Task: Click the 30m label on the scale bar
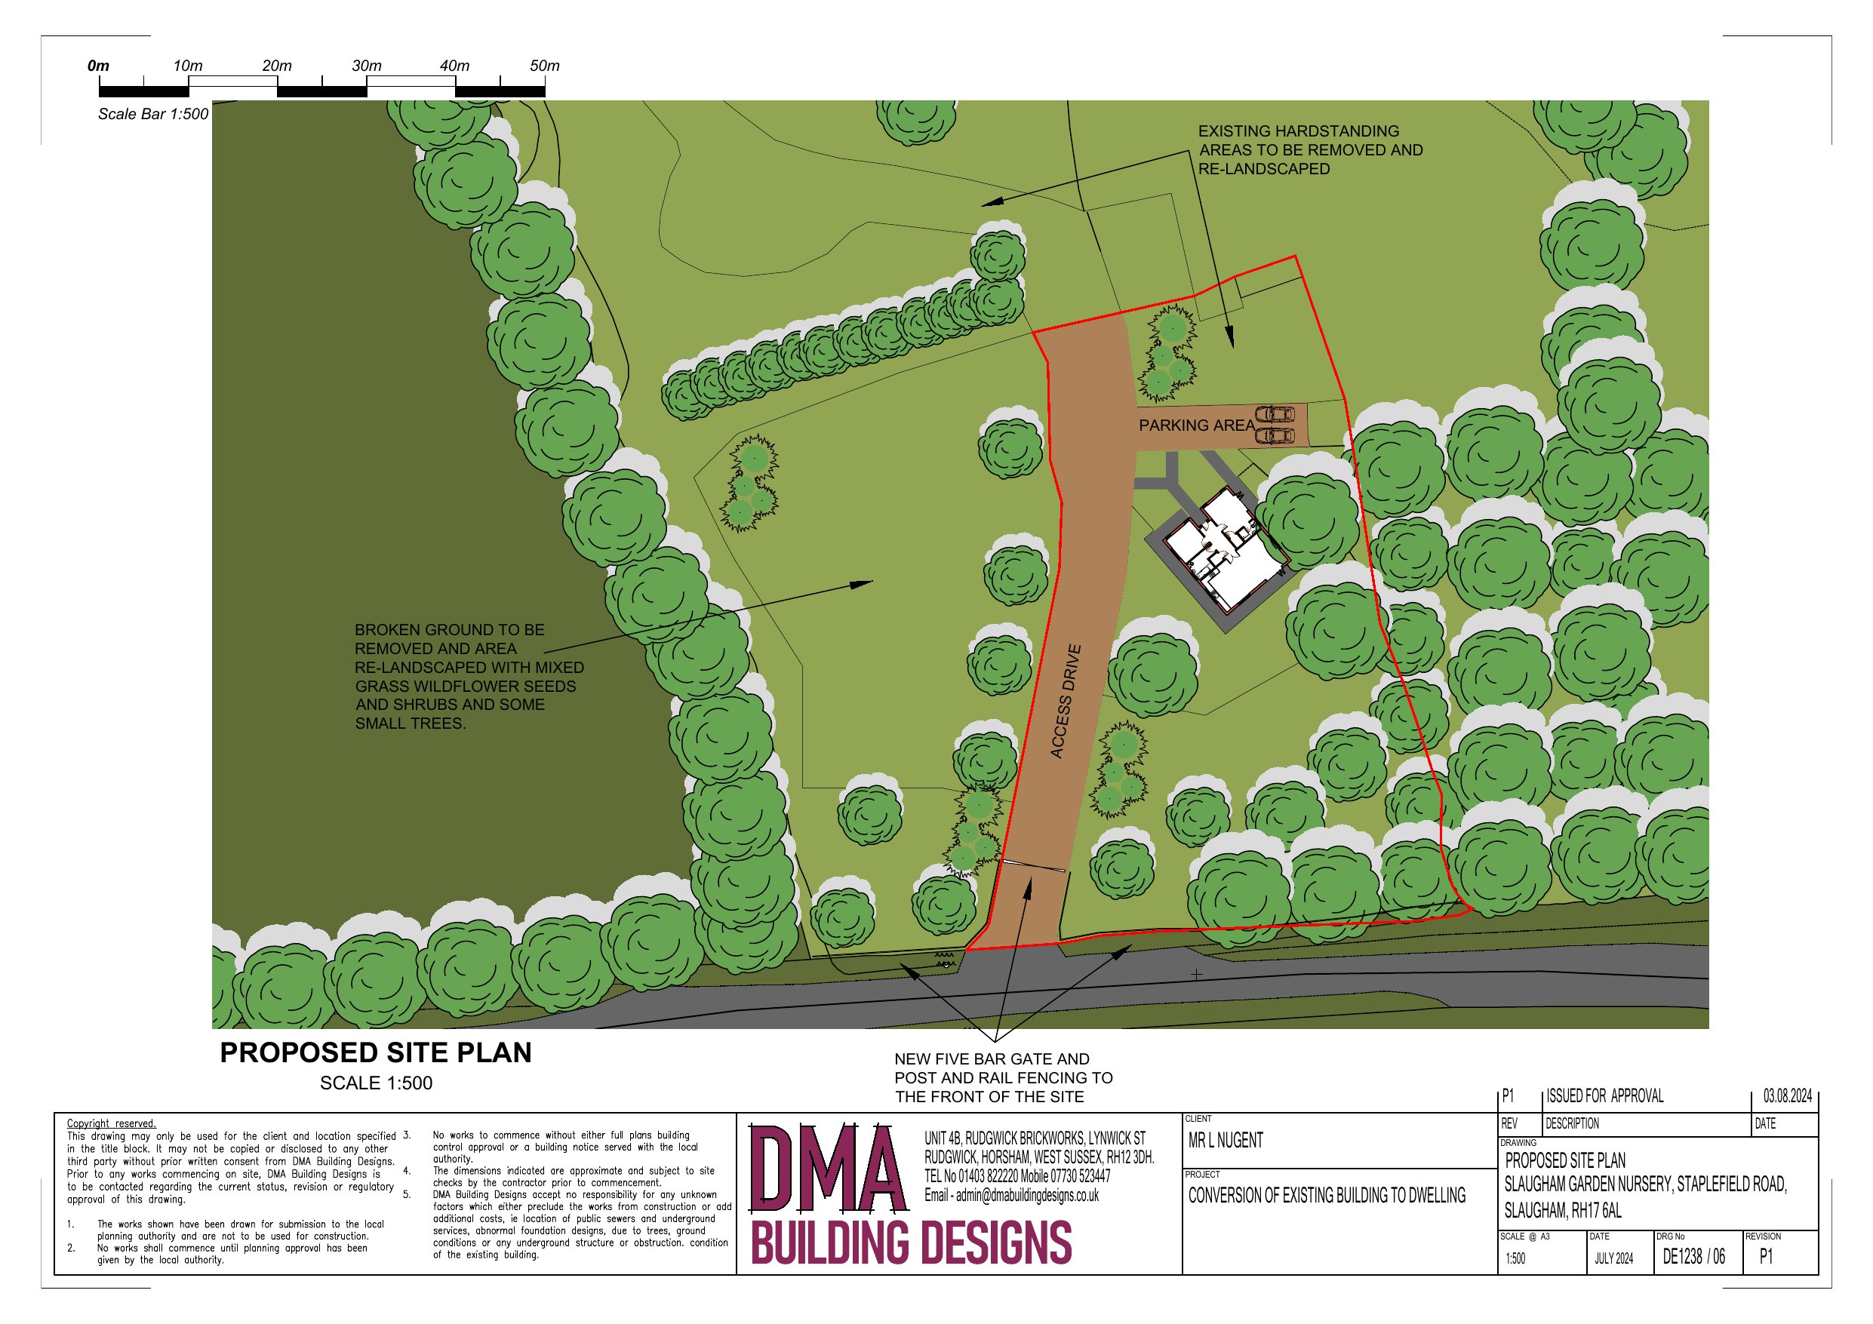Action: [x=366, y=66]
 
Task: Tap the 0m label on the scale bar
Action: [x=98, y=66]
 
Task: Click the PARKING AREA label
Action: [x=1197, y=425]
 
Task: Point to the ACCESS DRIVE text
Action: [x=1066, y=702]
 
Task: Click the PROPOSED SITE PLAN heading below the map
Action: [x=376, y=1052]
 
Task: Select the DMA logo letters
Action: [x=829, y=1170]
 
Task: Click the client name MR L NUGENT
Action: [x=1226, y=1141]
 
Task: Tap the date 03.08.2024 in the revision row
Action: [x=1787, y=1095]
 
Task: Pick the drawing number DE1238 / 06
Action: [x=1694, y=1256]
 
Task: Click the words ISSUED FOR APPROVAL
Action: [x=1604, y=1095]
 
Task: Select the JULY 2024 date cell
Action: [x=1613, y=1258]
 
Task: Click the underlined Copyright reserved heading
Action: [x=111, y=1123]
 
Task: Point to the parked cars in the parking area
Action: [x=1275, y=425]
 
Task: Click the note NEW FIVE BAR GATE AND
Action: [x=992, y=1059]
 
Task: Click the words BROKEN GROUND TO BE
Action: [x=450, y=630]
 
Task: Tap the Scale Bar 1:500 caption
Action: [x=153, y=114]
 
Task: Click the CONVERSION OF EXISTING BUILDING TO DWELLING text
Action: [x=1327, y=1196]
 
